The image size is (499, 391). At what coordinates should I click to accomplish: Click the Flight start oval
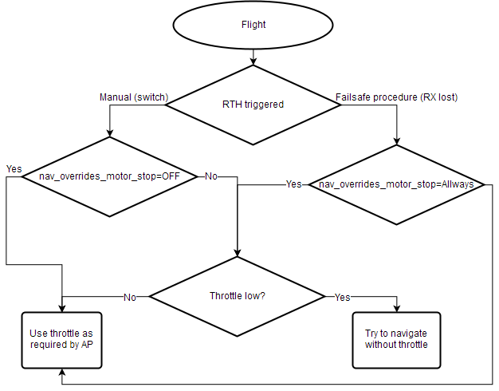(253, 25)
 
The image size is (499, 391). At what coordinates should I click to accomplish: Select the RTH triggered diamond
(253, 105)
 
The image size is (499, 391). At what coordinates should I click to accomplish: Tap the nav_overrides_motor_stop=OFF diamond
(108, 176)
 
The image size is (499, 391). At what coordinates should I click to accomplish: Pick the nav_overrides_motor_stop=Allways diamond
(396, 184)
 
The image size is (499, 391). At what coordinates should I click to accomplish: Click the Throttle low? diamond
(238, 296)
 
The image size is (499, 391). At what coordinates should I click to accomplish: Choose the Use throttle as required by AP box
(62, 340)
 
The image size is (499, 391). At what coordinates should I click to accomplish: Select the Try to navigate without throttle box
(396, 340)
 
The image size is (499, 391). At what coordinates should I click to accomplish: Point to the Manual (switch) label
(133, 97)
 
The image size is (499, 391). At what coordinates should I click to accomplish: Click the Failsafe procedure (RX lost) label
(396, 97)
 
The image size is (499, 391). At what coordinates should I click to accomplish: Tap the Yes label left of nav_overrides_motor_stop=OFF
(14, 169)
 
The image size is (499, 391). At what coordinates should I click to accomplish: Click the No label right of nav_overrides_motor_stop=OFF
(211, 176)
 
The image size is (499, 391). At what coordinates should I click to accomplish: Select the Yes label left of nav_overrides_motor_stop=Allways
(294, 184)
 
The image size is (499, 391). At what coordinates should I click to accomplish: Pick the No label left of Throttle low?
(130, 297)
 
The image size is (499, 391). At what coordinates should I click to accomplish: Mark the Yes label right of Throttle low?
(342, 297)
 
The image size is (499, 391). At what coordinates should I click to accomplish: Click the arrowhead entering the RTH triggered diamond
(253, 61)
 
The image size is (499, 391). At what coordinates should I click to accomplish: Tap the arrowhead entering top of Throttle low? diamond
(238, 252)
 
